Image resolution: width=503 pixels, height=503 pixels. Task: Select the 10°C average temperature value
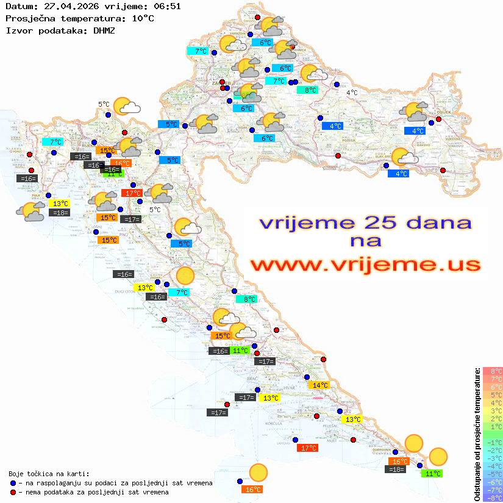click(143, 18)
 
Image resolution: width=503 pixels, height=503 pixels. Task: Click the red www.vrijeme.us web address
click(365, 265)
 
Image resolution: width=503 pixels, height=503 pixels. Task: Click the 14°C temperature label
click(319, 385)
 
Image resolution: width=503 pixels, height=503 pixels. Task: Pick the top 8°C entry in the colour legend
click(493, 371)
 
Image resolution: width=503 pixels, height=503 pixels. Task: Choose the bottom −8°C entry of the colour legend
click(493, 498)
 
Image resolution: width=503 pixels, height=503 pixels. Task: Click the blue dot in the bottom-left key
click(13, 483)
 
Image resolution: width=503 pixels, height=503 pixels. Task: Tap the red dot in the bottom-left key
click(13, 492)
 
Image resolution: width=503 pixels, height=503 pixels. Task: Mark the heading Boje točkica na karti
click(49, 473)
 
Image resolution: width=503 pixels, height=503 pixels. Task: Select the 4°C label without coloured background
click(352, 93)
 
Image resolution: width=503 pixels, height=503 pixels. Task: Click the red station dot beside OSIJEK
click(438, 120)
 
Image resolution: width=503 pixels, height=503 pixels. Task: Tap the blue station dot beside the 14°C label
click(307, 377)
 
